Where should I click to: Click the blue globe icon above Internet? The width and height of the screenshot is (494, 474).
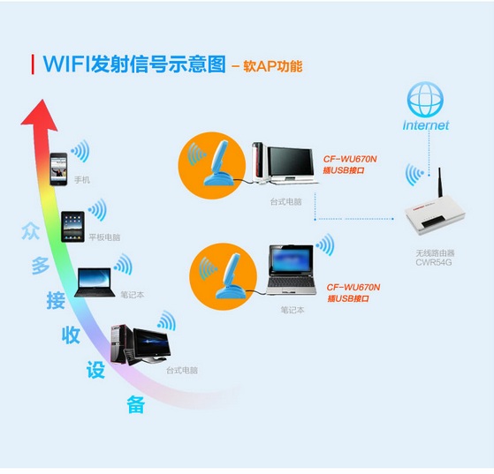click(x=425, y=100)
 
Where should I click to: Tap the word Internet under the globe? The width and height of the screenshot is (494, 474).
click(x=426, y=125)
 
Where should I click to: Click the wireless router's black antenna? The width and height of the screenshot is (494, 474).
click(x=439, y=183)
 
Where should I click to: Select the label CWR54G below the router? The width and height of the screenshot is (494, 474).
click(x=434, y=262)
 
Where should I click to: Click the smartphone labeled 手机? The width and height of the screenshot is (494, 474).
click(x=58, y=169)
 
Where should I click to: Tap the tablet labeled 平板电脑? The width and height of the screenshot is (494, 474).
click(x=72, y=227)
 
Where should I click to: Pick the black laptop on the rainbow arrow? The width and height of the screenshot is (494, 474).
click(x=95, y=282)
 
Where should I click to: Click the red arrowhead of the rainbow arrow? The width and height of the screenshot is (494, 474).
click(x=40, y=115)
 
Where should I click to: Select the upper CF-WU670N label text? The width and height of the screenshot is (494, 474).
click(x=350, y=159)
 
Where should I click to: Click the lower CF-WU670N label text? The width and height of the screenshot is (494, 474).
click(x=353, y=287)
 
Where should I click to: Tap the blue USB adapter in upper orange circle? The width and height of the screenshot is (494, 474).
click(x=218, y=163)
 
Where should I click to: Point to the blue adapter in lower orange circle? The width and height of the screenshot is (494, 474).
click(x=231, y=276)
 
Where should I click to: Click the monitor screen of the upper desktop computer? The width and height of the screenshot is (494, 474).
click(x=290, y=162)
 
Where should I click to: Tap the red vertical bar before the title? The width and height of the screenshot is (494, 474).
click(x=33, y=64)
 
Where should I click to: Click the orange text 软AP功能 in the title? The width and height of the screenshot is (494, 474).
click(x=273, y=66)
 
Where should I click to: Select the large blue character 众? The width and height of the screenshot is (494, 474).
click(x=31, y=231)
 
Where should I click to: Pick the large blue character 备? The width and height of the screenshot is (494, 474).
click(x=136, y=404)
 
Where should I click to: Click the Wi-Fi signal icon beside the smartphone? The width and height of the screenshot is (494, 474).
click(x=80, y=151)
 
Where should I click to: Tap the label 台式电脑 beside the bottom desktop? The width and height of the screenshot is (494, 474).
click(x=182, y=371)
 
